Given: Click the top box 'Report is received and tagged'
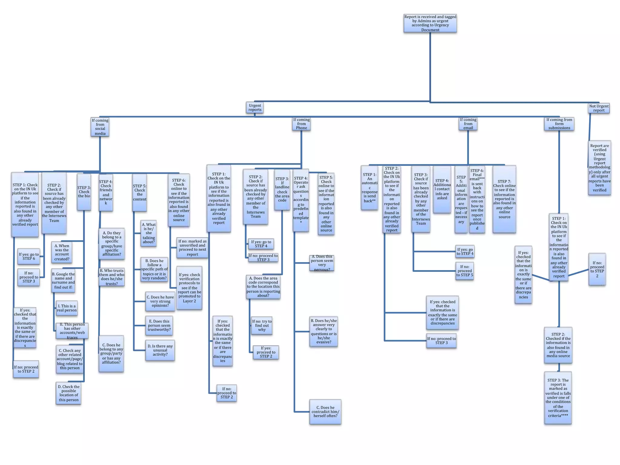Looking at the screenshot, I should click(430, 23).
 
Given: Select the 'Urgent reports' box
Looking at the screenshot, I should click(255, 108).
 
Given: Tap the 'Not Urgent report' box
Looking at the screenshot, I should click(599, 108).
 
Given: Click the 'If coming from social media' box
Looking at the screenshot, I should click(100, 127).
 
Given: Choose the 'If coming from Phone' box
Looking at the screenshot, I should click(301, 124).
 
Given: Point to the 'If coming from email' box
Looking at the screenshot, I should click(468, 124).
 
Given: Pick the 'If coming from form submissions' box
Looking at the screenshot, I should click(559, 124).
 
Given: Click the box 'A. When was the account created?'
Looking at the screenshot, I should click(62, 252).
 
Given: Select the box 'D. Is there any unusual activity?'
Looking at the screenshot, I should click(160, 350).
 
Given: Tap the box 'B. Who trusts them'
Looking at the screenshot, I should click(112, 277).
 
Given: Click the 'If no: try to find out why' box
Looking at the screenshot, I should click(262, 325).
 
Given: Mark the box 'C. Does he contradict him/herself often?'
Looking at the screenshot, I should click(325, 412).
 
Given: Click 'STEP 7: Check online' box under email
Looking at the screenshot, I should click(504, 199).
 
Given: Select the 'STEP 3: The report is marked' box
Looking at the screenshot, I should click(558, 397).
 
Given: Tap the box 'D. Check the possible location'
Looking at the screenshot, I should click(69, 393).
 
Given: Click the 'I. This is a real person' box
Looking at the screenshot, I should click(67, 308).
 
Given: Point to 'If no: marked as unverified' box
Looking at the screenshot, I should click(192, 248).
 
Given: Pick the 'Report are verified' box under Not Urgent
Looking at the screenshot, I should click(599, 168).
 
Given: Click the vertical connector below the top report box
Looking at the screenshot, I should click(430, 67).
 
